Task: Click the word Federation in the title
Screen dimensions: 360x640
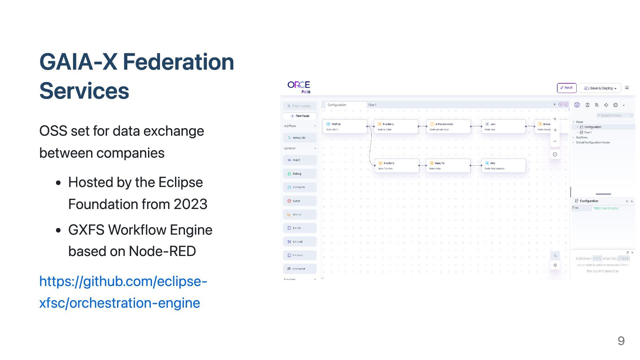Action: point(178,62)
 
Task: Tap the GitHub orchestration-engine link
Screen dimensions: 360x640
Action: point(123,292)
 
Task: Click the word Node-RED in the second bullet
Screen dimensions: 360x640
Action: point(162,251)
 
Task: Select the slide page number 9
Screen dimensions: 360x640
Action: point(621,341)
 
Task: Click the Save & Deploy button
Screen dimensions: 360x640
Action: point(600,88)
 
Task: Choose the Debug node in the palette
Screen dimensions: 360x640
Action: point(300,174)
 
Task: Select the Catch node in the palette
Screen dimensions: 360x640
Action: point(300,201)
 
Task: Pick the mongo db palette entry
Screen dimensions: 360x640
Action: point(300,138)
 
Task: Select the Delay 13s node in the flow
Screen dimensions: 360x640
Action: point(448,166)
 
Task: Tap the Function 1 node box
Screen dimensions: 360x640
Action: point(397,166)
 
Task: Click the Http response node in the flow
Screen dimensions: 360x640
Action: point(503,166)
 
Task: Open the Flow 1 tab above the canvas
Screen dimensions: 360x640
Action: point(372,105)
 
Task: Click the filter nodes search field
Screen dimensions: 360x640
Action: point(300,106)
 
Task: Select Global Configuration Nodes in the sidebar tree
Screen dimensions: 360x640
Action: point(593,143)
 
